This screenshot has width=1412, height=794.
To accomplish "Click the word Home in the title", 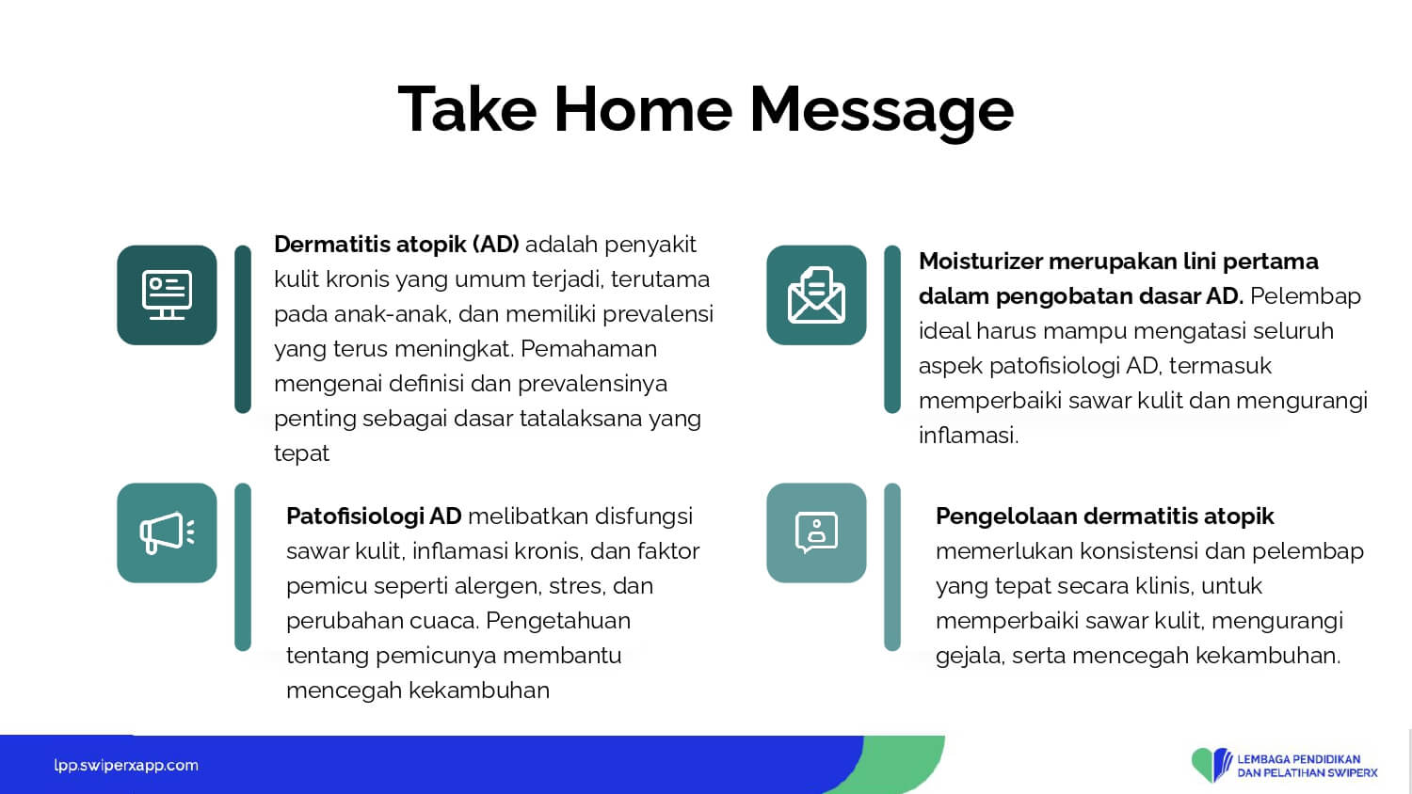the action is tap(643, 110).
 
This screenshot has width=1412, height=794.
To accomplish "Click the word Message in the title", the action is tap(882, 114).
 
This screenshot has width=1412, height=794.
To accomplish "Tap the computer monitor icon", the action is tap(167, 294).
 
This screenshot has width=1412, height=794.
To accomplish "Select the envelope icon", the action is tap(816, 294).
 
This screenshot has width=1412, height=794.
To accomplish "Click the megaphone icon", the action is tap(167, 532).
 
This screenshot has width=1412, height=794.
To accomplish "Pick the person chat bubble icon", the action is tap(816, 532).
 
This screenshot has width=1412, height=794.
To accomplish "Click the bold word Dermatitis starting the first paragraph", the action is tap(331, 245).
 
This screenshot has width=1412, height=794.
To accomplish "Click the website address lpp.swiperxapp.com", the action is tap(126, 766).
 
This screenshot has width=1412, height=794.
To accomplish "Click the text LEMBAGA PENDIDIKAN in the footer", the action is tap(1298, 759).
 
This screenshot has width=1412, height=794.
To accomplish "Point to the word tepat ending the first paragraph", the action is tap(301, 453).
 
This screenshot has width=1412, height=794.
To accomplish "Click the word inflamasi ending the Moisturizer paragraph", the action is tap(969, 436).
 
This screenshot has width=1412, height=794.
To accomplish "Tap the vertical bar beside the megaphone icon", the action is tap(243, 567).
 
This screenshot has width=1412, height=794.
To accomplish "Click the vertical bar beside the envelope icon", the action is tap(892, 329).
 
